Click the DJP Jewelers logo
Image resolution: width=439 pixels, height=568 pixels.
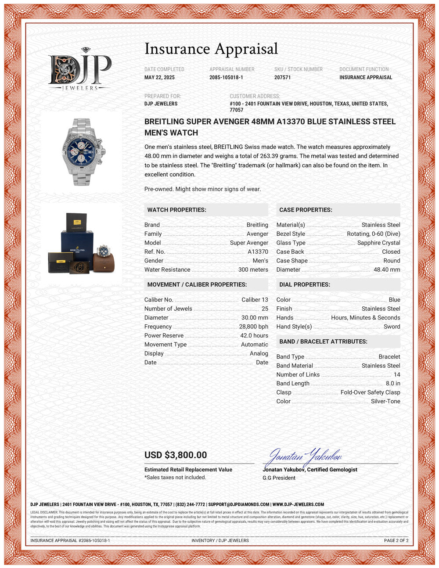coord(80,69)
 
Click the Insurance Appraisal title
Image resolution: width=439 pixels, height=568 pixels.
coord(211,49)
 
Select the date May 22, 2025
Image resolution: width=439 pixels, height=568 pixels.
coord(159,77)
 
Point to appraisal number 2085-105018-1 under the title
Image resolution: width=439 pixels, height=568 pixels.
coord(226,77)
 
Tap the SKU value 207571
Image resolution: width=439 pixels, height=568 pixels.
coord(282,77)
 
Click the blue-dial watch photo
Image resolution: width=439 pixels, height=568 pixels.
coord(82,151)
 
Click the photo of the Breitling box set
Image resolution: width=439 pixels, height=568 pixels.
coord(81,244)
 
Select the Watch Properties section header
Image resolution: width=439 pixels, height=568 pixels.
coord(176,210)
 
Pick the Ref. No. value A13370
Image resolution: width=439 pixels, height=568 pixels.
coord(258,252)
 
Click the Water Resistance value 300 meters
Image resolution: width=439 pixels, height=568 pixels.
coord(253,270)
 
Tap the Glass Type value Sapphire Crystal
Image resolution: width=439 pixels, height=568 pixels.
coord(378,243)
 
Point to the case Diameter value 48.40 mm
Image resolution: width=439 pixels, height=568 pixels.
coord(387,270)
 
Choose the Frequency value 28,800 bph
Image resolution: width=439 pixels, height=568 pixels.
coord(253,327)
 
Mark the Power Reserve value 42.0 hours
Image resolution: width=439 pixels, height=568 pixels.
coord(254,335)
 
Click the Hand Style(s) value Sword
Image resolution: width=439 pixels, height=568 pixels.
coord(392,327)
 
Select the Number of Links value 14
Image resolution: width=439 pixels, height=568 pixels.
coord(397,374)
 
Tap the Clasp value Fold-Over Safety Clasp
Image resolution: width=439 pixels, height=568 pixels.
coord(370,392)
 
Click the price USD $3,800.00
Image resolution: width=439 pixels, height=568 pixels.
coord(176,455)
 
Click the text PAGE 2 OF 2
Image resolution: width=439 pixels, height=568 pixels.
coord(396,540)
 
